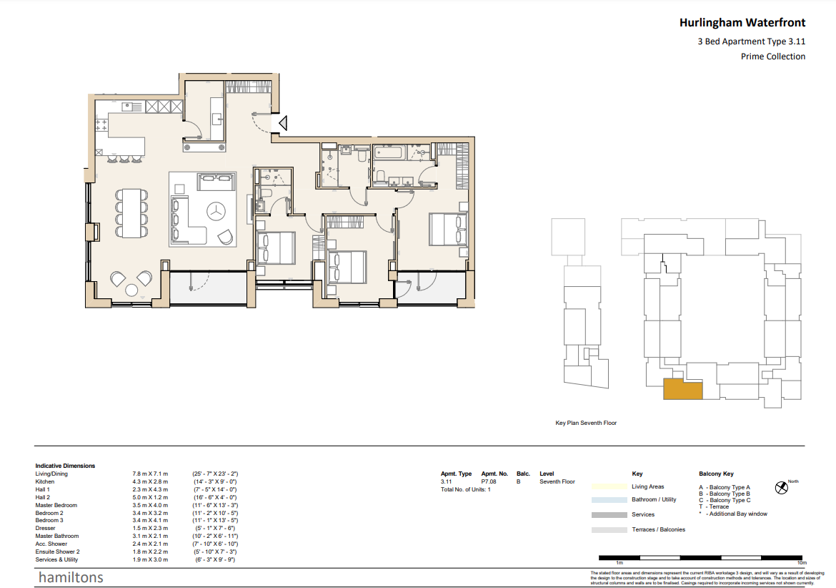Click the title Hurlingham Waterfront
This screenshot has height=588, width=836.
(x=742, y=23)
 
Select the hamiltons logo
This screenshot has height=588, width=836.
(x=71, y=577)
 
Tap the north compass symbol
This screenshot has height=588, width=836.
(x=781, y=489)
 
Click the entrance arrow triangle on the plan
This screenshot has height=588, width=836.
(x=282, y=124)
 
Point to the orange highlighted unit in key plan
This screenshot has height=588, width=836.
(x=682, y=389)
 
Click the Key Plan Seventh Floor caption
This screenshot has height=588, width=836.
(x=586, y=423)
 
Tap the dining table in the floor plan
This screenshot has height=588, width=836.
(x=131, y=212)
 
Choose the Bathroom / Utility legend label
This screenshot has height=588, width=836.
(x=654, y=499)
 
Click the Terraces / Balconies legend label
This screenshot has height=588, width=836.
(x=658, y=529)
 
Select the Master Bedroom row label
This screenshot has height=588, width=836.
(x=56, y=505)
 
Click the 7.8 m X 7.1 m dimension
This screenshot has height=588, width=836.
(x=149, y=474)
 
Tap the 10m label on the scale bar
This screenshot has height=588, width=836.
(x=801, y=564)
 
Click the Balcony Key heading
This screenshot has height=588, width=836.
(x=716, y=474)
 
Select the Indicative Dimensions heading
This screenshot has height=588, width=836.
(x=65, y=466)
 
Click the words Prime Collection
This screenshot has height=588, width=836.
(x=772, y=57)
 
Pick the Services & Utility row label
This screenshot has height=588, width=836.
(x=58, y=559)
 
